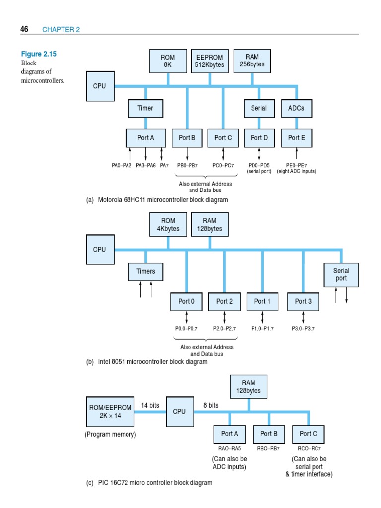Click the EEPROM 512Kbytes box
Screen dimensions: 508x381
[209, 61]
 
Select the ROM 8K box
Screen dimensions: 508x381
[168, 61]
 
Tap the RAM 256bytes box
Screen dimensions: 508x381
[252, 61]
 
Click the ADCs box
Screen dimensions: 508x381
[297, 108]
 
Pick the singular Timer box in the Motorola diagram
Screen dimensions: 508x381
[145, 108]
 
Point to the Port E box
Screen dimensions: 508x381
[297, 138]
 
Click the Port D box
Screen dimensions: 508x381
[259, 138]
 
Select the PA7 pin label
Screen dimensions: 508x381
[164, 165]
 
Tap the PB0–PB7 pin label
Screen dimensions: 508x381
[187, 165]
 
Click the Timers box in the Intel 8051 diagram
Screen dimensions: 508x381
[145, 271]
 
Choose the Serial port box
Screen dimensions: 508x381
[341, 275]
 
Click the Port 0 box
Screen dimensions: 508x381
[187, 301]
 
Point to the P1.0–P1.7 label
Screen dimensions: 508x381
[262, 328]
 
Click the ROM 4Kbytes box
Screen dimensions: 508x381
[168, 225]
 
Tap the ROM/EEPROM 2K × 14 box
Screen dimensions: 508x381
[110, 412]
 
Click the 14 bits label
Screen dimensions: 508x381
[150, 405]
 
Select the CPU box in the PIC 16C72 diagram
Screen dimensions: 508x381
[179, 412]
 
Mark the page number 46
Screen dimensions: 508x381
[24, 30]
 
